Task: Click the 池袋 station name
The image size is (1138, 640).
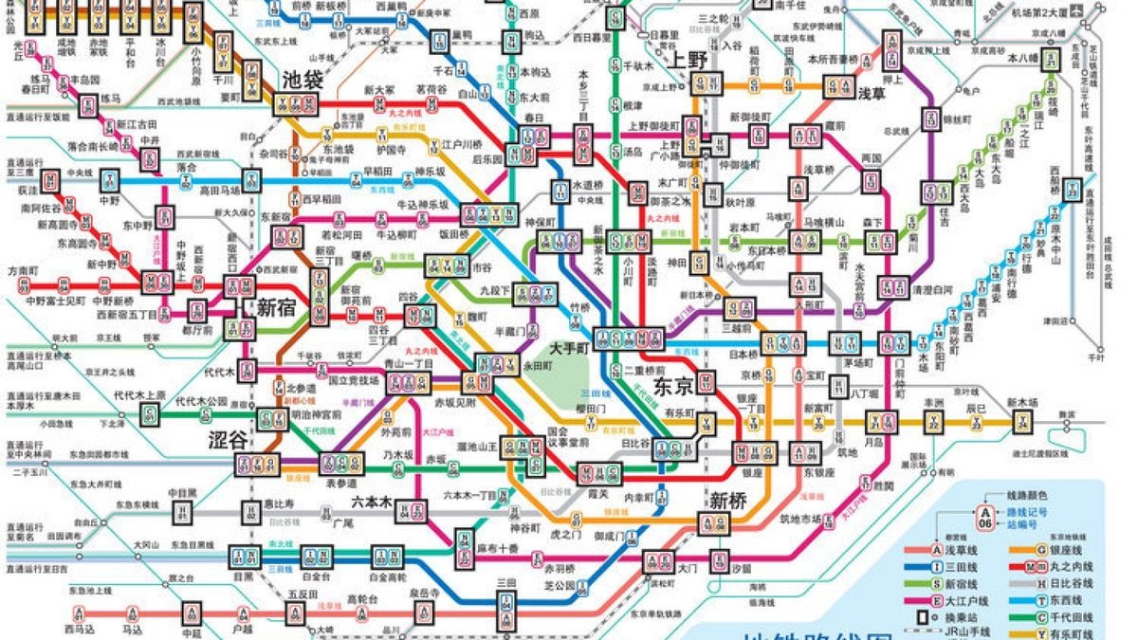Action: tap(303, 80)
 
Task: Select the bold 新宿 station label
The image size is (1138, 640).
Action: tap(276, 307)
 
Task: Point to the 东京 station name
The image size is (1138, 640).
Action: tap(675, 387)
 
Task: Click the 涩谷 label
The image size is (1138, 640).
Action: tap(228, 439)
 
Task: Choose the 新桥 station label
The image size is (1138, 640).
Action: tap(728, 500)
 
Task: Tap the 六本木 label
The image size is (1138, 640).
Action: tap(371, 503)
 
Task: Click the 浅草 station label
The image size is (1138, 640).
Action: tap(871, 93)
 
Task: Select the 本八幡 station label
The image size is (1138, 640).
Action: tap(1023, 58)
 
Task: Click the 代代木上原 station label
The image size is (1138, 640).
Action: tap(139, 395)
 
